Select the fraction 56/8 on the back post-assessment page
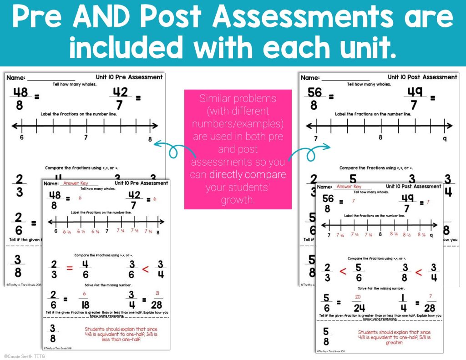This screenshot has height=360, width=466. coord(315,98)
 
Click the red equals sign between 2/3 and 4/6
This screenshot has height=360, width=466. coord(70,268)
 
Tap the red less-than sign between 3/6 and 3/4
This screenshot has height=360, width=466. coord(146,269)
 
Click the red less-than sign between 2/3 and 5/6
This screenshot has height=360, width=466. coord(343,272)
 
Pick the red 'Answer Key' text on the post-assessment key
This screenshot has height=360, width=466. coord(349,187)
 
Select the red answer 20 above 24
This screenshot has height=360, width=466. coord(358,297)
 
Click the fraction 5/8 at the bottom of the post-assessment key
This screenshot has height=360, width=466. coord(326,336)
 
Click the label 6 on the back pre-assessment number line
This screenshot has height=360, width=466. coord(21,137)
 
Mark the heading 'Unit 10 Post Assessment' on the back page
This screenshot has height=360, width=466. coord(422,77)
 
